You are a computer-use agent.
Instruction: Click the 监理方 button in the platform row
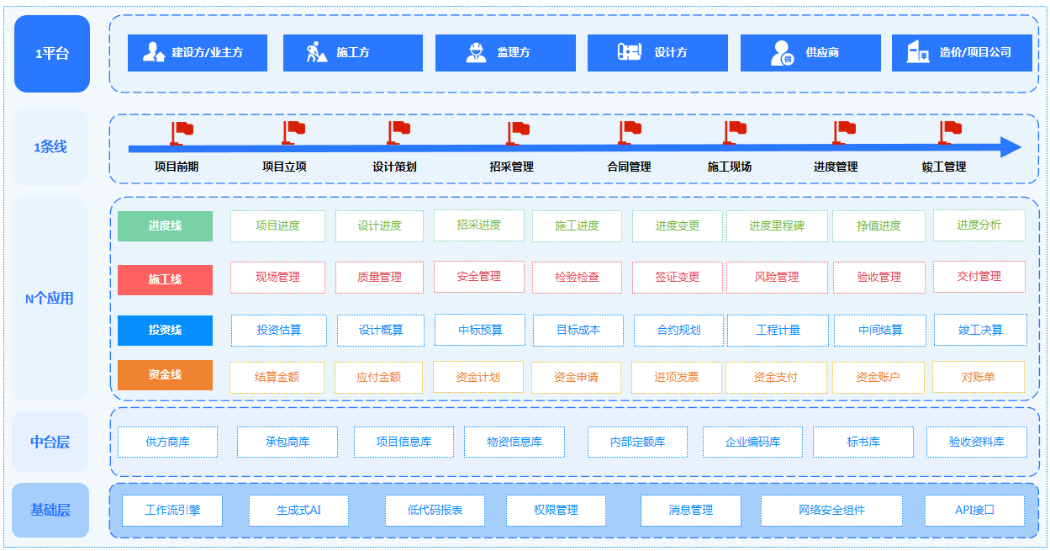[505, 53]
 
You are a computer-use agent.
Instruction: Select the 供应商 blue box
[810, 53]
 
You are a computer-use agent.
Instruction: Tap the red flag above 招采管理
[517, 132]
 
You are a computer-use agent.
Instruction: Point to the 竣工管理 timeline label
[943, 167]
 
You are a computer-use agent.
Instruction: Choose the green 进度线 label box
[165, 226]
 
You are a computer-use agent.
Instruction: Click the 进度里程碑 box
[777, 225]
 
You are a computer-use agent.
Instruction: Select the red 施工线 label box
[165, 279]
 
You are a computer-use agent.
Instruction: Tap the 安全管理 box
[478, 276]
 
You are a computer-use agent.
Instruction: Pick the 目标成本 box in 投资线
[578, 331]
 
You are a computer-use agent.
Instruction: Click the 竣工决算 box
[980, 331]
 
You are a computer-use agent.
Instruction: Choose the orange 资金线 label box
[165, 375]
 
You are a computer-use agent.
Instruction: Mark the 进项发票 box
[676, 377]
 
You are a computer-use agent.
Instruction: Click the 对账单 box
[978, 377]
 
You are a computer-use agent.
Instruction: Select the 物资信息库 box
[514, 442]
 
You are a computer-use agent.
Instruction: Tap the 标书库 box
[863, 442]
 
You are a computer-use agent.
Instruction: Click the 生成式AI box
[298, 510]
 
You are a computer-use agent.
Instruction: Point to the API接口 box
[974, 510]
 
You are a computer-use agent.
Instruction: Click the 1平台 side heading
[52, 54]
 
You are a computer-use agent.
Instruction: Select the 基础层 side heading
[50, 510]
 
